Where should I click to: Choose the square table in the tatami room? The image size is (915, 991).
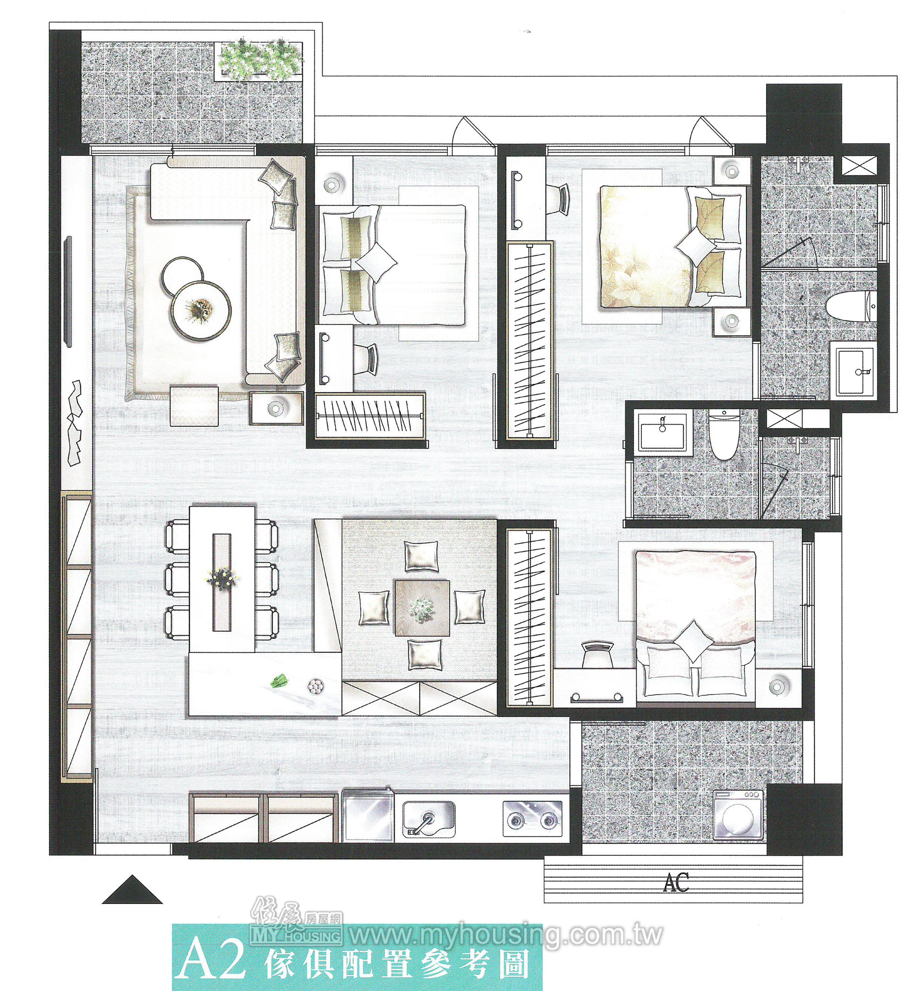422,608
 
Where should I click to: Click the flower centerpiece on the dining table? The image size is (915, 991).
221,576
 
